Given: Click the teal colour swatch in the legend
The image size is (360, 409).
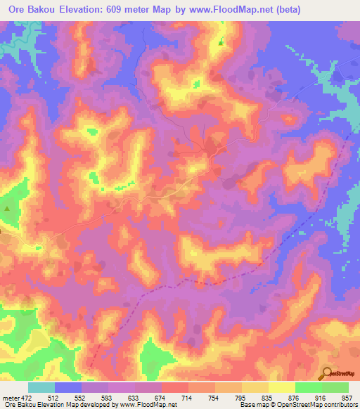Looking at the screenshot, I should pos(41,387).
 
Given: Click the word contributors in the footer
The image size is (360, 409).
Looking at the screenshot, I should pos(337,405).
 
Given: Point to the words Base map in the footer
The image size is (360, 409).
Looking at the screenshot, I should pos(251,405).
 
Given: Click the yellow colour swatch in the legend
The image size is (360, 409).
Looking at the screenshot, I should pos(281,387).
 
